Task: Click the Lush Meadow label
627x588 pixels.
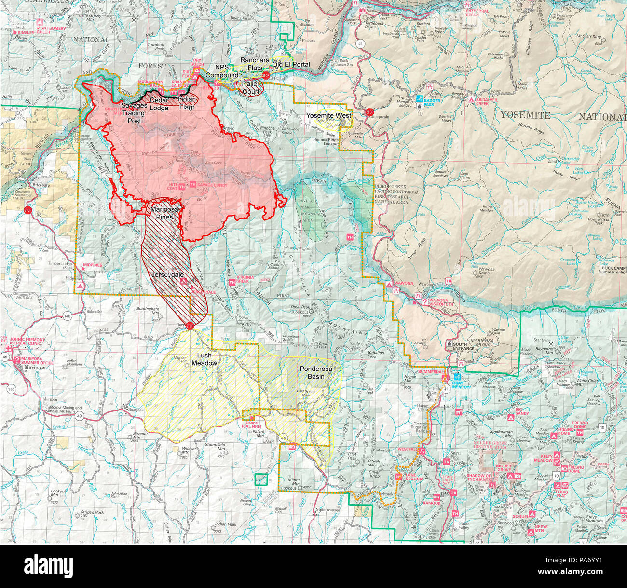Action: point(204,359)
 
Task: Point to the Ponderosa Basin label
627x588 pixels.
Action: point(316,372)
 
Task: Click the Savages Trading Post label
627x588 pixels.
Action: point(134,112)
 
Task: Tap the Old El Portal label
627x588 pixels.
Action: point(291,64)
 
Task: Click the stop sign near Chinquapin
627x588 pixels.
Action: point(370,112)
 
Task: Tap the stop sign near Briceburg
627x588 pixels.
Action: point(27,210)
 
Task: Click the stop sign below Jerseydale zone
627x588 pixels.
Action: point(190,326)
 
